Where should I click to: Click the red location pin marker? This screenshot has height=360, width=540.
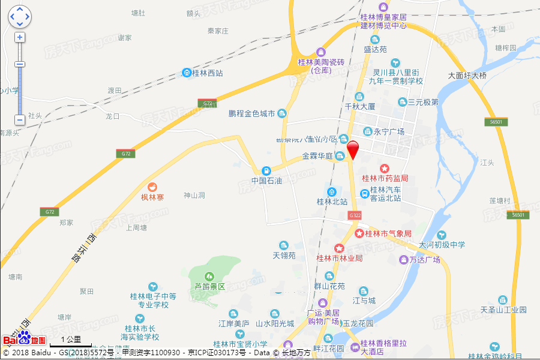pos(353,148)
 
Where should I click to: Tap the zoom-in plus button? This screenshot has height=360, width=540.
pos(20,37)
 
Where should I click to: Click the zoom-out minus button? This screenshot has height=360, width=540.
pos(20,119)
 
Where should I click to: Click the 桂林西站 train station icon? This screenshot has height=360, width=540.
pos(187,73)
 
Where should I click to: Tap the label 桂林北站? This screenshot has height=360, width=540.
pos(332,202)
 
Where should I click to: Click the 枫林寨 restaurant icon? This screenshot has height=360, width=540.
pos(152,187)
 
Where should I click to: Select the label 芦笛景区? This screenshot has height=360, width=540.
pos(209,287)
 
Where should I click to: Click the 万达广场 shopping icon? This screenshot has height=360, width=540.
pos(404,260)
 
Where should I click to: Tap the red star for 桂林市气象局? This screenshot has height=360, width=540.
pos(359,233)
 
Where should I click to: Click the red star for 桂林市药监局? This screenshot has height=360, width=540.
pos(385,169)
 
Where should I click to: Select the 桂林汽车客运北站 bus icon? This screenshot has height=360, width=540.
pos(364,193)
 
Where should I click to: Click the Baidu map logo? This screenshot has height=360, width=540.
pos(24,338)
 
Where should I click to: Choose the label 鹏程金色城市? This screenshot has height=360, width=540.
pos(252,113)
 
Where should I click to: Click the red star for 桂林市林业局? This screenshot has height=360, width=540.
pos(339,248)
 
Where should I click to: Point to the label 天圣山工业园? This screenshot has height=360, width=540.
pos(503,310)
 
